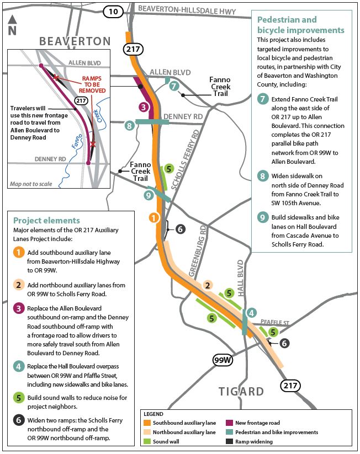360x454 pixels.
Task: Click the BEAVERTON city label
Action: pyautogui.click(x=75, y=41)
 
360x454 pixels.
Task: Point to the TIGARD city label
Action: pyautogui.click(x=241, y=392)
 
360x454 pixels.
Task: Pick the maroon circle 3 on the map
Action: pyautogui.click(x=143, y=106)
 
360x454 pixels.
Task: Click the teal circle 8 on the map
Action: pyautogui.click(x=130, y=125)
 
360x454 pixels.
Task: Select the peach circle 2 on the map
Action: pyautogui.click(x=208, y=285)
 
